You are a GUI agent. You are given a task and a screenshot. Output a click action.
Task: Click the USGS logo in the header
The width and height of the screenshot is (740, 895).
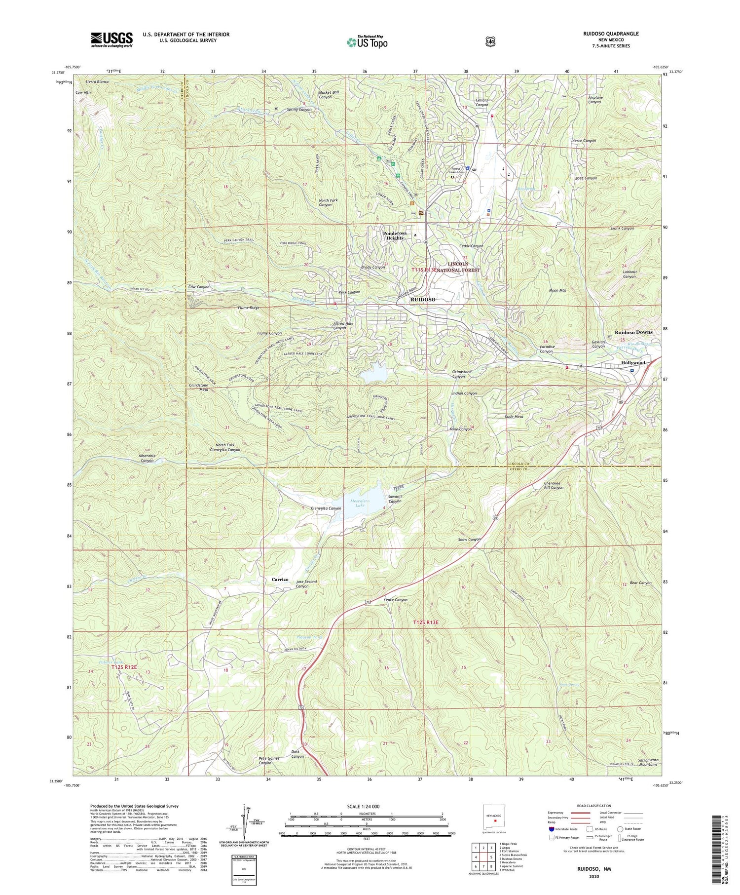click(x=111, y=39)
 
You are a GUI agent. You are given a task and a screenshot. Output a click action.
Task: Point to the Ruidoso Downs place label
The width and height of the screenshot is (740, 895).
click(x=633, y=332)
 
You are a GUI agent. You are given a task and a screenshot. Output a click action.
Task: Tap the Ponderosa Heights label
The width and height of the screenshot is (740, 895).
click(x=400, y=235)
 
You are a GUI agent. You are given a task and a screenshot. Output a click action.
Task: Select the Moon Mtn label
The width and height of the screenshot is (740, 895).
click(x=557, y=290)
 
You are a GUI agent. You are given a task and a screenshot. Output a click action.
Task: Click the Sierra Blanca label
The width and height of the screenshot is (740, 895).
click(x=97, y=81)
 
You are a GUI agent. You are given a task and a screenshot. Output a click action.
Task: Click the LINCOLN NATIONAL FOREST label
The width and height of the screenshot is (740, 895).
click(x=457, y=267)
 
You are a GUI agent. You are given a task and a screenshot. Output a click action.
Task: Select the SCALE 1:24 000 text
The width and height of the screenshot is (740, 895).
click(x=367, y=806)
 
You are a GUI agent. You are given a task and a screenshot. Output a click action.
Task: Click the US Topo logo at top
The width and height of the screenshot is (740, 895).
click(x=367, y=42)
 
